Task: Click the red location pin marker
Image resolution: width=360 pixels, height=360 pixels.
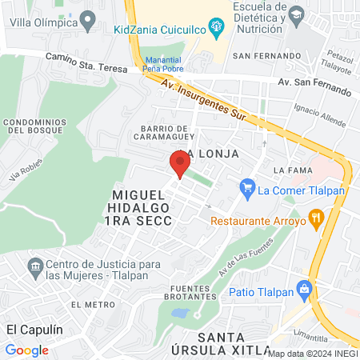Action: point(178,165)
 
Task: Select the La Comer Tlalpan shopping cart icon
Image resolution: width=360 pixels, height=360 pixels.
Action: point(246,190)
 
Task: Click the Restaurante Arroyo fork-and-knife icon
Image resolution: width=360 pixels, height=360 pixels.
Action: point(317,217)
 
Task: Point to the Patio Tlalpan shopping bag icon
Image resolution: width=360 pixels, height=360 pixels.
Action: point(302,289)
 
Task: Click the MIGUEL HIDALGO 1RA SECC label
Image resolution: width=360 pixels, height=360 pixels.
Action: point(142,208)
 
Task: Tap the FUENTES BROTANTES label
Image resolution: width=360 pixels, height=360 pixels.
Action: point(194,294)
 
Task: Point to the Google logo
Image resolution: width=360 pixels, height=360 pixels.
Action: point(26,350)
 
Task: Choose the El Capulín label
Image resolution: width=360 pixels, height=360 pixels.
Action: point(34,329)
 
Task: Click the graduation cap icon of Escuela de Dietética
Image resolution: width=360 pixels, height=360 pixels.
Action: point(296,14)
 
